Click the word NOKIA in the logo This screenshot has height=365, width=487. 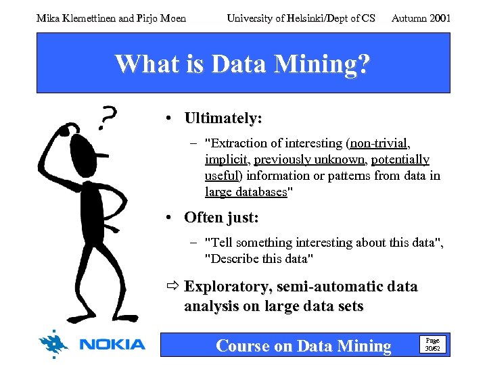[112, 345]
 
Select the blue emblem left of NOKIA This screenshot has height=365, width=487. [54, 344]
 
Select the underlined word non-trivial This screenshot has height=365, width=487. [380, 143]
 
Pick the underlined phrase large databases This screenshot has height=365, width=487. [246, 192]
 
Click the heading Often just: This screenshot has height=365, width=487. [221, 218]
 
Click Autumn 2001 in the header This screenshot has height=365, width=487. [421, 18]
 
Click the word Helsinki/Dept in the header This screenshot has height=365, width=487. [320, 18]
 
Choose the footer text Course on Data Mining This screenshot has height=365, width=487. [303, 346]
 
